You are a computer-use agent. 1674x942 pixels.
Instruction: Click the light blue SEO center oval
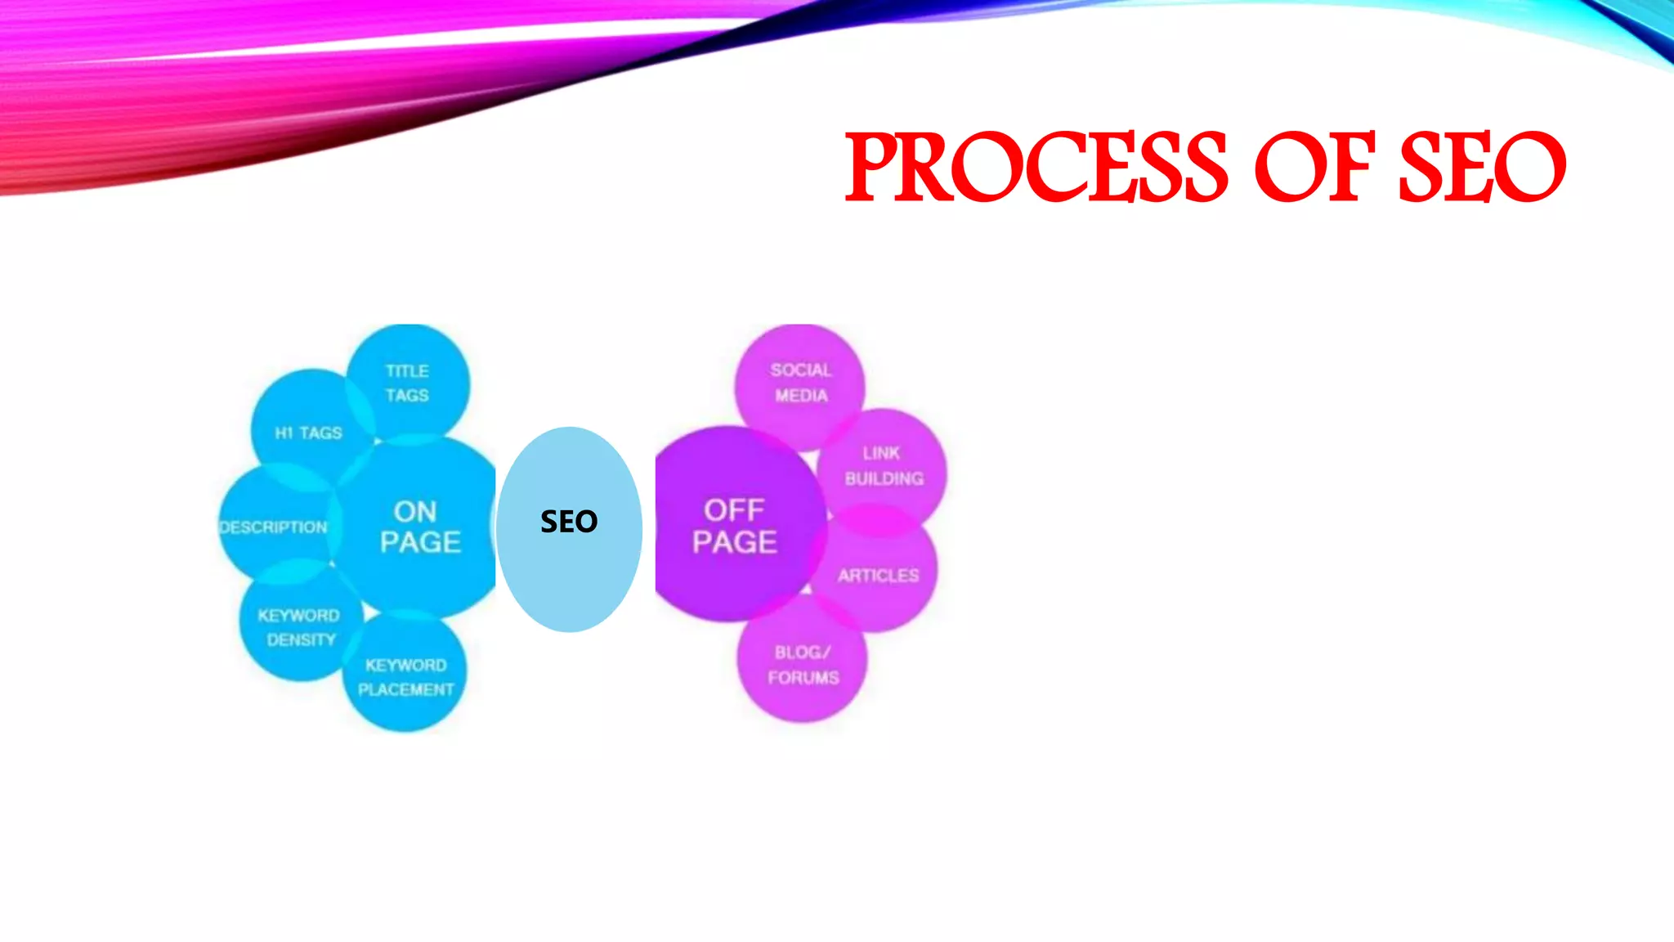(569, 528)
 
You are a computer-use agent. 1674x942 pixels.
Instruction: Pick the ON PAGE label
(419, 527)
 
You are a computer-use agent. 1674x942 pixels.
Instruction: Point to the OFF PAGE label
(734, 526)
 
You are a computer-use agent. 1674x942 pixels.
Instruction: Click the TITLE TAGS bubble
(407, 383)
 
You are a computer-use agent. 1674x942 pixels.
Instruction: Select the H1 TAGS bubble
(309, 433)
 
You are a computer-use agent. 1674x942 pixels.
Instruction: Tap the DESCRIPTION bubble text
(274, 527)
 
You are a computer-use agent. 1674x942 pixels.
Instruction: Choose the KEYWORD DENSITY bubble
(299, 627)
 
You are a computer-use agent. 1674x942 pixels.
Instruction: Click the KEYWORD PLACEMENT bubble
(406, 677)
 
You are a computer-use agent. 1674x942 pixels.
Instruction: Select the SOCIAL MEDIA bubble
(801, 383)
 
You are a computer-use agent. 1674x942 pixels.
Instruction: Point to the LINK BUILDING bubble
(884, 465)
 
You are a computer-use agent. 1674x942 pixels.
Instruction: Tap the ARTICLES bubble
(878, 576)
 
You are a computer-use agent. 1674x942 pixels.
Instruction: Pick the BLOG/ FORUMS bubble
(803, 665)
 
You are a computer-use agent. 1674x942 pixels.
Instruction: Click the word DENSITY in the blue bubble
(302, 639)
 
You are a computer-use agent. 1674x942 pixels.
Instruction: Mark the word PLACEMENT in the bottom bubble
(406, 689)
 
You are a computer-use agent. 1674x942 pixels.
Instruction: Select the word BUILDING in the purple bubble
(884, 478)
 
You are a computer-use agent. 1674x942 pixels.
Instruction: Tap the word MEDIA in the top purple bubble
(801, 396)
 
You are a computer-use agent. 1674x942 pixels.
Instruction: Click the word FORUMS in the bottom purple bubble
(803, 678)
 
